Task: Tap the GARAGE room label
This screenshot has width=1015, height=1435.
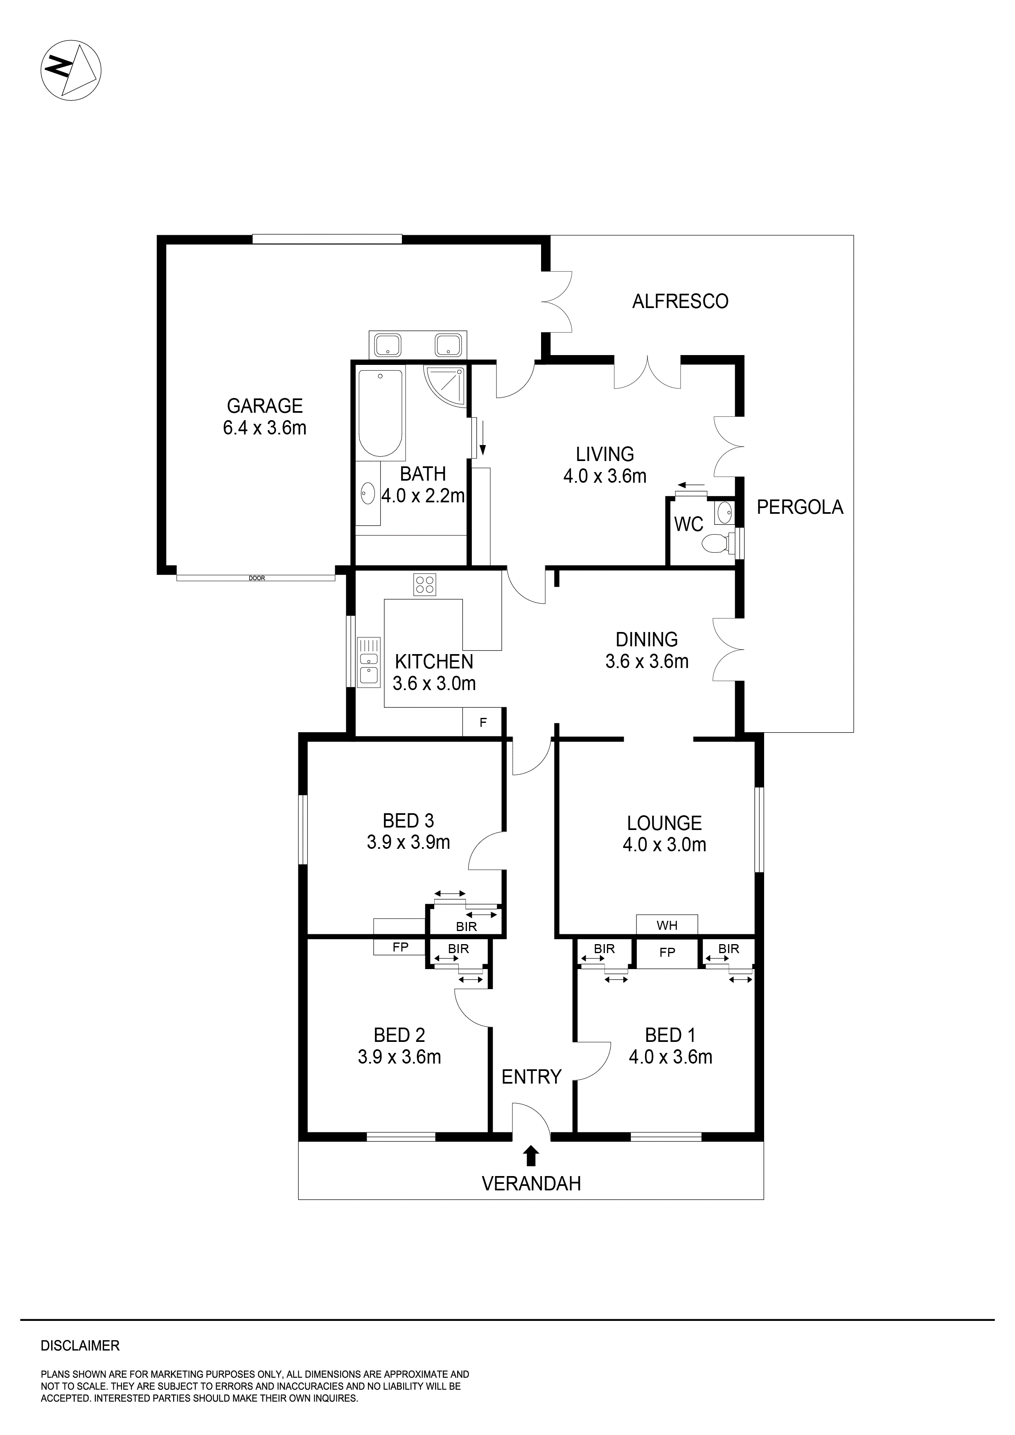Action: [x=264, y=406]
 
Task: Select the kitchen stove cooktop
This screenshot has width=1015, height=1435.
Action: [x=425, y=585]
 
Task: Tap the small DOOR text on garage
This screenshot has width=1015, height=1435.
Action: [x=256, y=578]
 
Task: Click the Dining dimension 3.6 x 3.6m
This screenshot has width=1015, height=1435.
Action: [x=647, y=661]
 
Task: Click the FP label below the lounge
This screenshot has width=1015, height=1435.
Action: [x=667, y=952]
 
